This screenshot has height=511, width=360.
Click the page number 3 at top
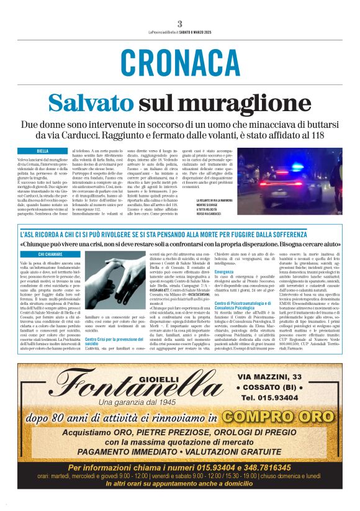point(179,24)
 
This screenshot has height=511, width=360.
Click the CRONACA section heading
point(180,63)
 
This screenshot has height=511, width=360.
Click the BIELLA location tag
point(42,151)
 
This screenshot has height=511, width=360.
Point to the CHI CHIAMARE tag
point(50,254)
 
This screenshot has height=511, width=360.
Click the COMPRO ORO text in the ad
point(278,417)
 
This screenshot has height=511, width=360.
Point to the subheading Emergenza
point(224,272)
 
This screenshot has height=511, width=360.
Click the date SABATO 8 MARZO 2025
point(196,32)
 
